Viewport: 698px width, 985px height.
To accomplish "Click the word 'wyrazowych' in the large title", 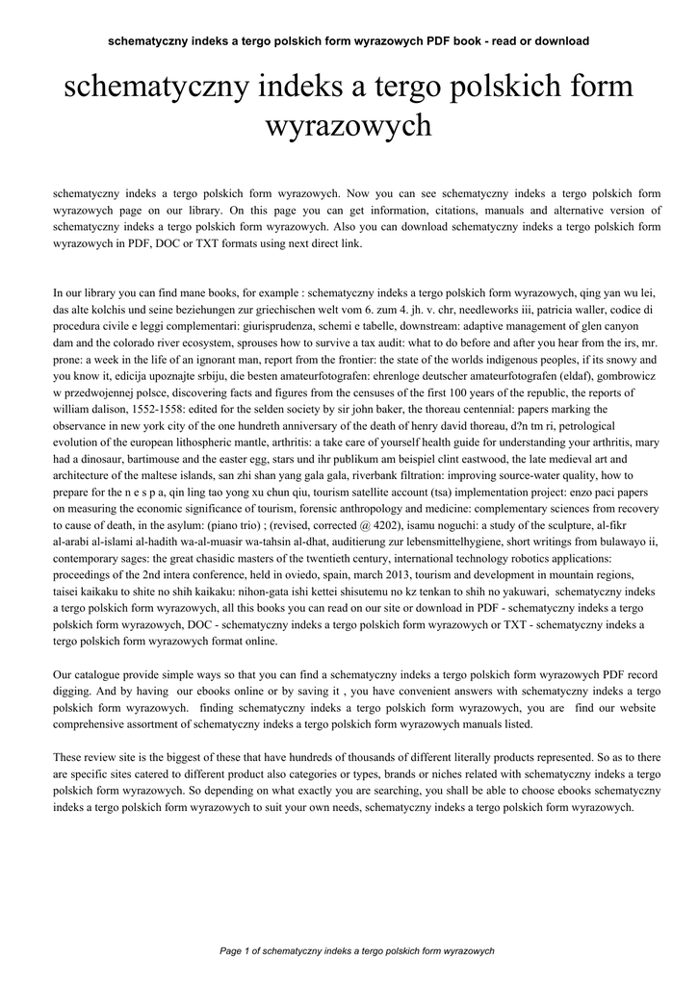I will [x=348, y=126].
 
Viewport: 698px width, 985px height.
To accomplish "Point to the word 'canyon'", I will [x=629, y=327].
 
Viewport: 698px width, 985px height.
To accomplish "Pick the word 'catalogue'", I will [x=100, y=674].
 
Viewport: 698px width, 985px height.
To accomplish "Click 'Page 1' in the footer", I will [x=234, y=950].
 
